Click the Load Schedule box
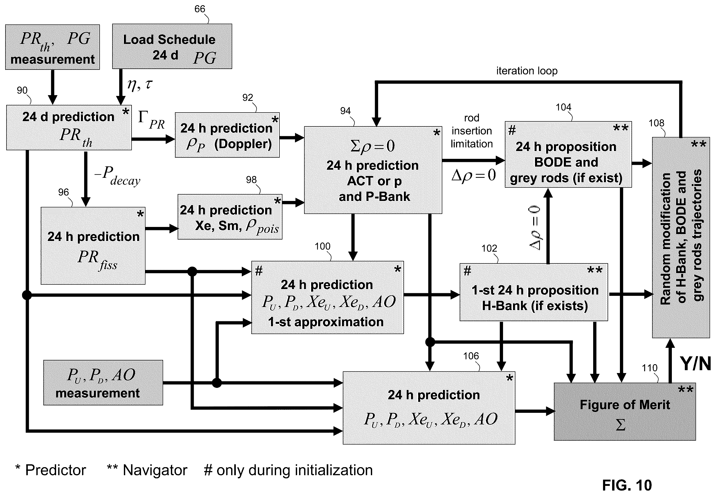[172, 46]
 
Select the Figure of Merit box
[625, 412]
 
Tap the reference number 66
[200, 9]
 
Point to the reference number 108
[656, 123]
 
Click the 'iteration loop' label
[527, 71]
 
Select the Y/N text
[695, 363]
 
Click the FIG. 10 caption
[627, 485]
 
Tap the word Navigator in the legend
[155, 470]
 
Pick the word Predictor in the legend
[56, 470]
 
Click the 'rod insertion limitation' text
[472, 131]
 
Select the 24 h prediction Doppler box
[227, 135]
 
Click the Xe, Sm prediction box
[230, 217]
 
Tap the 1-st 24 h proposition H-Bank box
[534, 292]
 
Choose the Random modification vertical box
[681, 237]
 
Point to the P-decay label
[117, 175]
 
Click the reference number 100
[322, 246]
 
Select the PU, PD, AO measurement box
[103, 383]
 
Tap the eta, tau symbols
[140, 84]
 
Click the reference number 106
[471, 356]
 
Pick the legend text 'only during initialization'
[294, 470]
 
